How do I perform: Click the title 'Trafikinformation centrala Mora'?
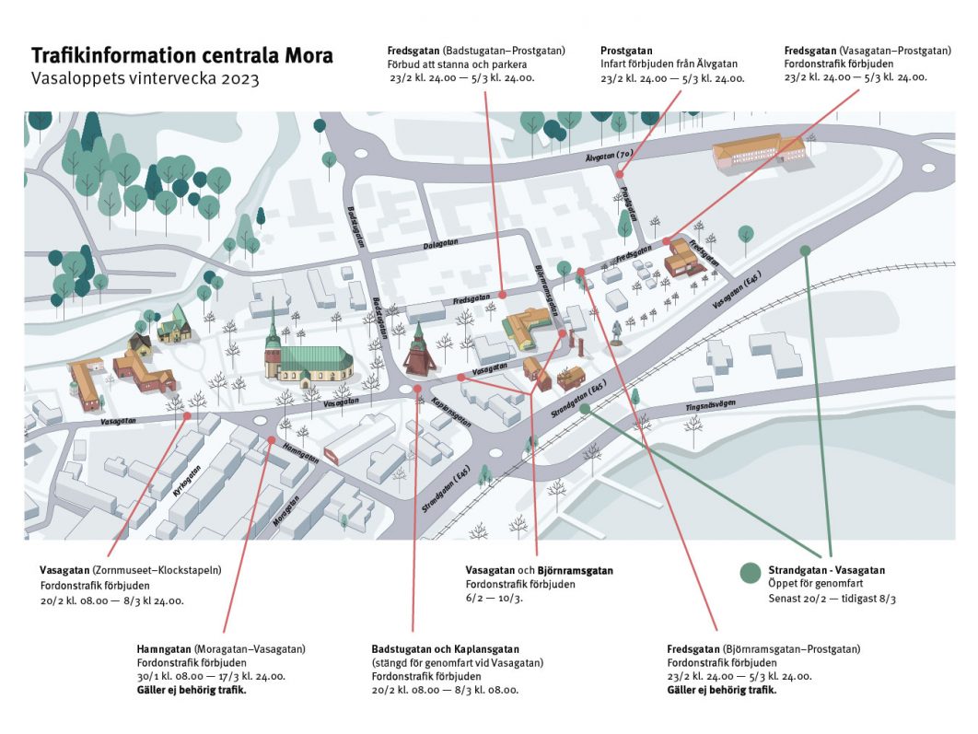pyautogui.click(x=182, y=55)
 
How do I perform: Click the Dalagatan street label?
pyautogui.click(x=440, y=244)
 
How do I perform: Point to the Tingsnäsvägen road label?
pyautogui.click(x=710, y=405)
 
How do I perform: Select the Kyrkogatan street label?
pyautogui.click(x=188, y=481)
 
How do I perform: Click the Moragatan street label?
pyautogui.click(x=286, y=510)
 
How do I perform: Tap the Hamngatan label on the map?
pyautogui.click(x=301, y=453)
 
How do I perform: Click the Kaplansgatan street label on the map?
pyautogui.click(x=451, y=411)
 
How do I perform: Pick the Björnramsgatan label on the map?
pyautogui.click(x=546, y=291)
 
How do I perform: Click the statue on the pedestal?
pyautogui.click(x=616, y=333)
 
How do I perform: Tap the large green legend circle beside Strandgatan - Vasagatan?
pyautogui.click(x=751, y=573)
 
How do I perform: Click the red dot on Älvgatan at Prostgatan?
pyautogui.click(x=620, y=175)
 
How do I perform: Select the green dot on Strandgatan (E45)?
pyautogui.click(x=585, y=409)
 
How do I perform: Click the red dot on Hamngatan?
pyautogui.click(x=272, y=439)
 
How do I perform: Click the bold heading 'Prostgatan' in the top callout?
pyautogui.click(x=626, y=51)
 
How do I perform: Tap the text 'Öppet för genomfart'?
pyautogui.click(x=816, y=583)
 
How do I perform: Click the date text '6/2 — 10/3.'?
pyautogui.click(x=494, y=598)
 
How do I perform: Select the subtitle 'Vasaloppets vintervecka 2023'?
pyautogui.click(x=145, y=78)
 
